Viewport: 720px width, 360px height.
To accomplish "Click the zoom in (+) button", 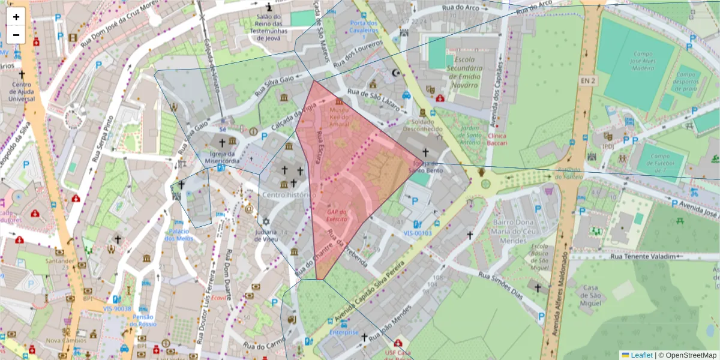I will tap(16, 17).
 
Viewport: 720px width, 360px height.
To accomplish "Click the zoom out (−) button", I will tap(16, 35).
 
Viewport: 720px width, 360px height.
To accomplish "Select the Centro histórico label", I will tap(289, 195).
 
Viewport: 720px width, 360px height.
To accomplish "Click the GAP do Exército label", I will tap(337, 215).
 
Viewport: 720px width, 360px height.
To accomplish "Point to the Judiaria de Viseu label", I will tap(266, 235).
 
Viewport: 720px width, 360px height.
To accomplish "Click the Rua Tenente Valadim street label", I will tap(643, 256).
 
